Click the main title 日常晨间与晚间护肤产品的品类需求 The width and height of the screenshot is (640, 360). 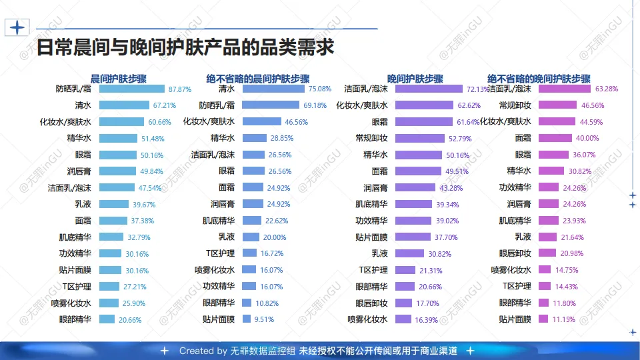click(x=185, y=49)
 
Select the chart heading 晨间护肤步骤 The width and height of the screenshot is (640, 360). click(x=118, y=78)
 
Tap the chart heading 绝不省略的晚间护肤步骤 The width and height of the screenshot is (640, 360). click(x=539, y=78)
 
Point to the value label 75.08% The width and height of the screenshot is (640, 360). click(x=319, y=89)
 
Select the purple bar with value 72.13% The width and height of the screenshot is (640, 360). click(x=429, y=89)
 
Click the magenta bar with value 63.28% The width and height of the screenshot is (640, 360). click(x=565, y=89)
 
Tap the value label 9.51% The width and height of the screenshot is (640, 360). click(x=263, y=319)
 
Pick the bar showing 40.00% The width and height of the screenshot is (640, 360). click(x=555, y=138)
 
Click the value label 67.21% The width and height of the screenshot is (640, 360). click(x=165, y=105)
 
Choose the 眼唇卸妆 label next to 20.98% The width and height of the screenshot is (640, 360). click(x=515, y=253)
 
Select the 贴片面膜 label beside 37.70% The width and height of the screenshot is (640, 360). click(x=371, y=237)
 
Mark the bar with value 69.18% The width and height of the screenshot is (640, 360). click(x=271, y=105)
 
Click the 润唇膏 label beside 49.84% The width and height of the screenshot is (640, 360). click(x=79, y=171)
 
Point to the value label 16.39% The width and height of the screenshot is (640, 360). click(x=426, y=320)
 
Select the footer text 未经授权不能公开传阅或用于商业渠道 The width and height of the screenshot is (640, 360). click(x=377, y=351)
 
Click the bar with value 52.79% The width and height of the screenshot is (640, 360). click(x=420, y=138)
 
